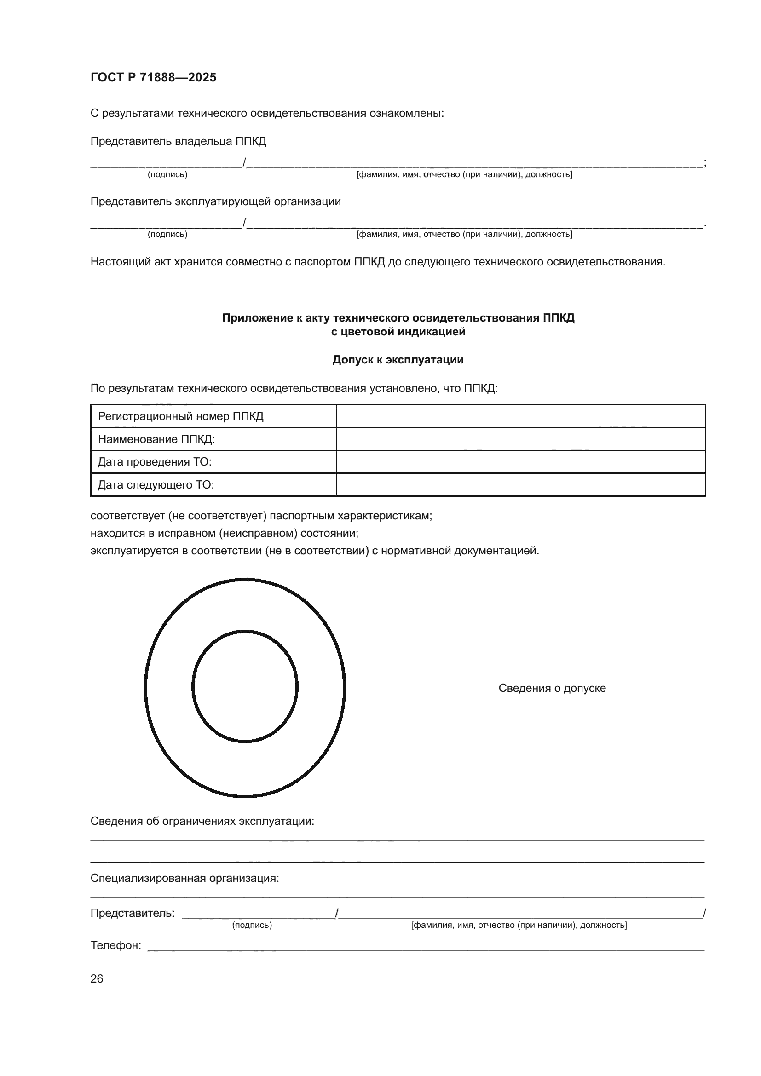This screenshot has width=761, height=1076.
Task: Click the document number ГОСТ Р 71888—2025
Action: pos(153,77)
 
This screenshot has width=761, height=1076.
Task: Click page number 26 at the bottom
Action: pos(97,978)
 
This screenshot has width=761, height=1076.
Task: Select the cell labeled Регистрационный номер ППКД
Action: pos(180,416)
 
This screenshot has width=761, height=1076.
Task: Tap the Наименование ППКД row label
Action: pos(156,439)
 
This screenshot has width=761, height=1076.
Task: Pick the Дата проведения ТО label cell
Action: pos(155,462)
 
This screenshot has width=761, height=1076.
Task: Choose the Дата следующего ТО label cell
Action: pos(156,484)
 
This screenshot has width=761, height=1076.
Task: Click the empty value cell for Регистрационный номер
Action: pos(520,416)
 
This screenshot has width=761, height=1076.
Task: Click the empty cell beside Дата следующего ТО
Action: pos(520,484)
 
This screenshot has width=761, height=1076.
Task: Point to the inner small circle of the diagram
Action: pos(245,686)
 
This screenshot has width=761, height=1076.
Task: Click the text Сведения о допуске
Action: pos(552,688)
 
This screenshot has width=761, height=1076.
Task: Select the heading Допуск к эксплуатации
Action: pos(398,359)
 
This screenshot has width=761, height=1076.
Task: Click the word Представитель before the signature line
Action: pos(132,913)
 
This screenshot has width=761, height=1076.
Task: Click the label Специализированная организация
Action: pos(184,878)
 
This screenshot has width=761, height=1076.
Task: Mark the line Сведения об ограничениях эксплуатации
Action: pos(202,821)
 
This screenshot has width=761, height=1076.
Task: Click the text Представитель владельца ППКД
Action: pos(178,141)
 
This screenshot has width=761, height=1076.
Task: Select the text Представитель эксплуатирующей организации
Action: pos(215,201)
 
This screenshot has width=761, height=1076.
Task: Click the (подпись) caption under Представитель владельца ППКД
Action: pos(167,174)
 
